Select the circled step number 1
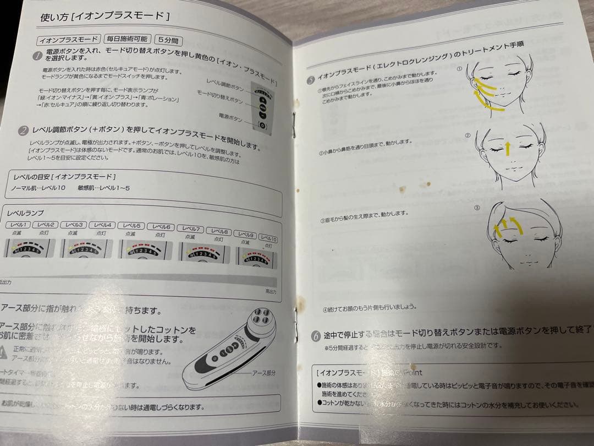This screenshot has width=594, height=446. coord(37,55)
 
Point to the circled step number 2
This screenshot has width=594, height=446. coord(23,130)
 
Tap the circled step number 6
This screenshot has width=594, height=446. coord(316,335)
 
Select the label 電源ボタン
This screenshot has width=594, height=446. coord(230,118)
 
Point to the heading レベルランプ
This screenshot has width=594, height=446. coord(25,213)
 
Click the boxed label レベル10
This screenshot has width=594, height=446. coord(266,239)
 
